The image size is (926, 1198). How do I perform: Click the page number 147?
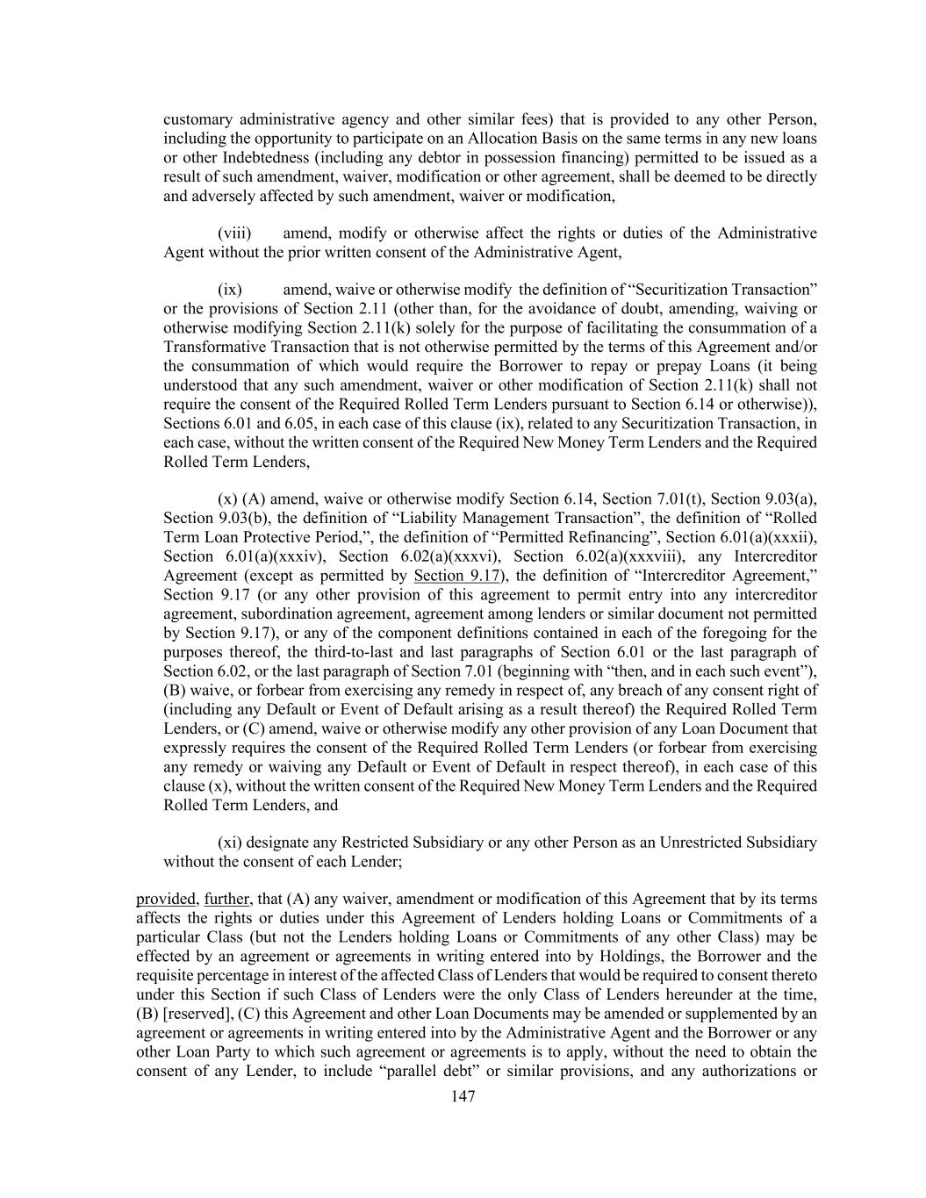pyautogui.click(x=463, y=1096)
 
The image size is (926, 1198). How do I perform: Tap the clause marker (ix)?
pyautogui.click(x=230, y=290)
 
